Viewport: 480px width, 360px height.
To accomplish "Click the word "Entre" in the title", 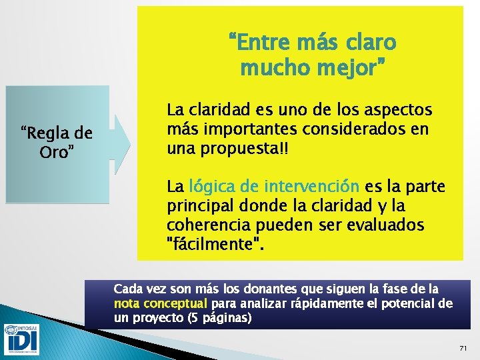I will (x=259, y=43).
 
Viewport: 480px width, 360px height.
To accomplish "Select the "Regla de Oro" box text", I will (x=56, y=142).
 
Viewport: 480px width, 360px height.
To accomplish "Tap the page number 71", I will (x=464, y=348).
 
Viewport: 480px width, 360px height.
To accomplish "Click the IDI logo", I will (x=21, y=340).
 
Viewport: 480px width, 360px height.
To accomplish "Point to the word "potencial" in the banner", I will (x=407, y=304).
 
